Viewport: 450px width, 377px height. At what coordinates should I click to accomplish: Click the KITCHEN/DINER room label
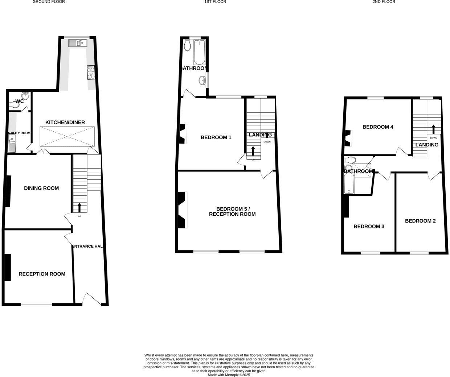tap(65, 123)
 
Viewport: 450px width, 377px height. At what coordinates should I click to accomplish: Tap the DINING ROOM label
tap(41, 188)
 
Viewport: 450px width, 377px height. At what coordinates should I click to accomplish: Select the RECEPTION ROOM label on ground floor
tap(42, 274)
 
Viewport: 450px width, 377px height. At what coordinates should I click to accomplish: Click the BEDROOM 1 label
tap(216, 137)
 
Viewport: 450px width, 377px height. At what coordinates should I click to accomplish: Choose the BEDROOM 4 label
tap(378, 127)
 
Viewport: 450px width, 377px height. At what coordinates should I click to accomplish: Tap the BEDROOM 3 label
tap(369, 227)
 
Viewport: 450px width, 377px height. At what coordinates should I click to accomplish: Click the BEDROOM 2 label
tap(420, 221)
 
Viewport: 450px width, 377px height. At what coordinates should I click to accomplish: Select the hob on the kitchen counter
tap(90, 72)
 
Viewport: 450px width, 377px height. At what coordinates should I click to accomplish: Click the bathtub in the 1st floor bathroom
tap(199, 52)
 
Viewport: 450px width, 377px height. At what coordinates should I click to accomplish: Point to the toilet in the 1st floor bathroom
tap(187, 46)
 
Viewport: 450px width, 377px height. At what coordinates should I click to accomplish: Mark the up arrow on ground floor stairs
tap(79, 207)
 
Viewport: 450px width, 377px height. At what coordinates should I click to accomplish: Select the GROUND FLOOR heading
tap(49, 2)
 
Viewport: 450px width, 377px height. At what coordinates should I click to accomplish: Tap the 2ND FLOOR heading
tap(384, 2)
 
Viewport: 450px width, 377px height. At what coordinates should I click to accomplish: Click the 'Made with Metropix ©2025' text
tap(229, 375)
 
